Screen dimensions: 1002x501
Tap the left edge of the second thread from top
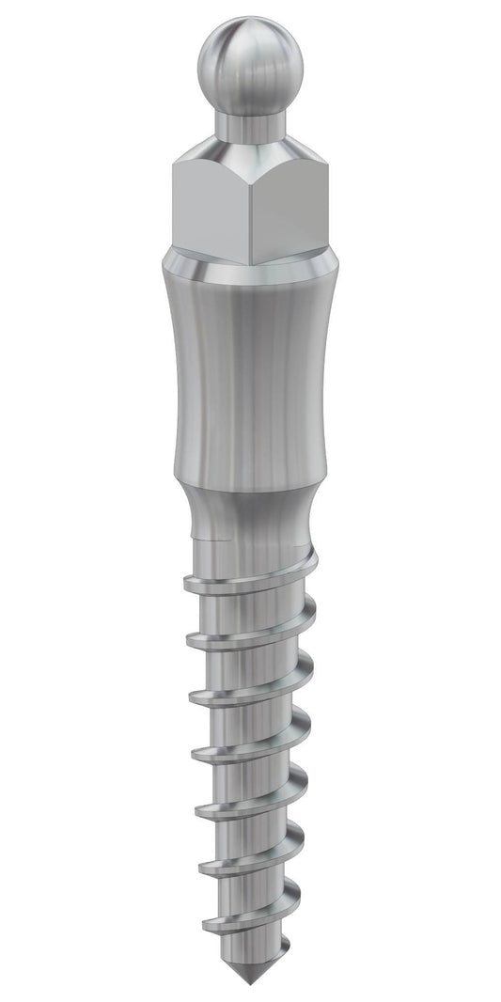pos(192,642)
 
